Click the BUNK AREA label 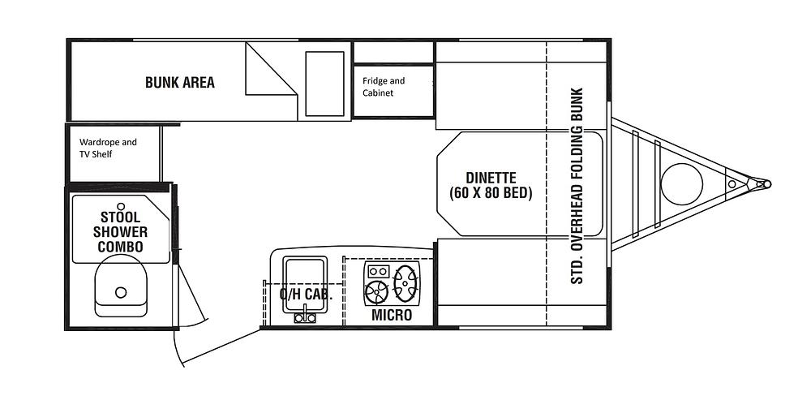point(179,82)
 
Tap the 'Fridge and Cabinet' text point(384,87)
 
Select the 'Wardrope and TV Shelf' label point(108,148)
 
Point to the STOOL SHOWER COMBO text point(121,231)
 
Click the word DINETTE point(491,178)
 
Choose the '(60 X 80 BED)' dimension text point(491,194)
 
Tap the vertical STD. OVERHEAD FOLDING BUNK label point(577,186)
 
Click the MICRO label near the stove point(392,315)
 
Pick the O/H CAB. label point(306,295)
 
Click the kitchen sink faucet point(305,316)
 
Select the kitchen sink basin point(305,284)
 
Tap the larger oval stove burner point(405,283)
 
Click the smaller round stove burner point(376,292)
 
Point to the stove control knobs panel point(378,271)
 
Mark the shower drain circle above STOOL point(121,206)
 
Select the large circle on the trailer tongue point(682,183)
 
